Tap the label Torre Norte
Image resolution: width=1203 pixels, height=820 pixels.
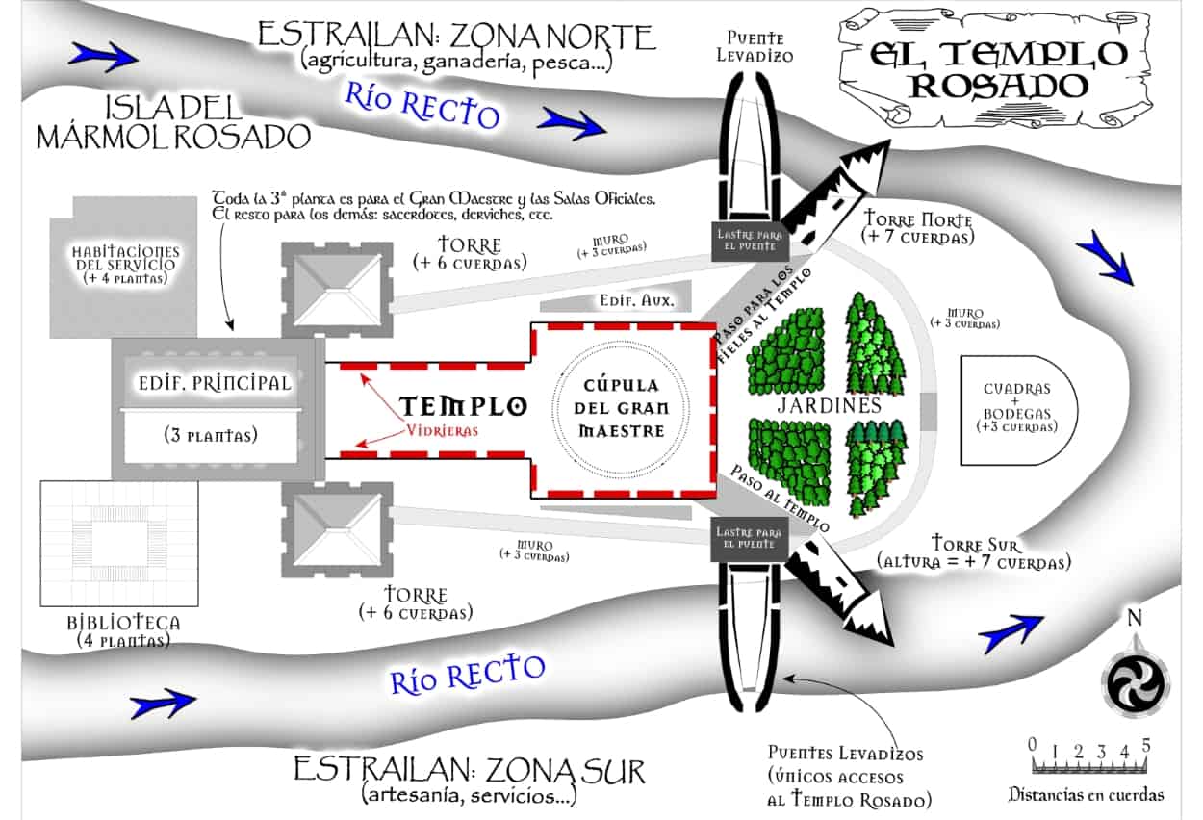point(918,220)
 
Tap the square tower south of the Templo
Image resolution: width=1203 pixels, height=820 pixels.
point(338,528)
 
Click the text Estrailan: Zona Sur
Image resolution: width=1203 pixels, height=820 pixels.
point(470,771)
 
